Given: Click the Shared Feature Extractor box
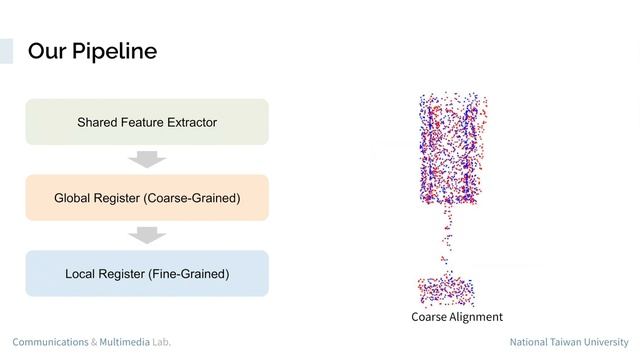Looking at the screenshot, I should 147,122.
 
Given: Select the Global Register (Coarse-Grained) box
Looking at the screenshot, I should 147,198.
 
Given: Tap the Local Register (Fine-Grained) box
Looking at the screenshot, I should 147,273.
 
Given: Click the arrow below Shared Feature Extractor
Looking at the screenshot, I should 147,159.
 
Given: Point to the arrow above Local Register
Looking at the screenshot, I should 147,235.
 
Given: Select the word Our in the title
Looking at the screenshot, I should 45,51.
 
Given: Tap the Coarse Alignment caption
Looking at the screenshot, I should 456,317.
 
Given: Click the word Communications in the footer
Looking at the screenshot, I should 50,342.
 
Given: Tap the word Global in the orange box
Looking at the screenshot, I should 74,198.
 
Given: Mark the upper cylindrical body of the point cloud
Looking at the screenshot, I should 452,150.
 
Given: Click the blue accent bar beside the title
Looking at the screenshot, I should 6,51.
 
